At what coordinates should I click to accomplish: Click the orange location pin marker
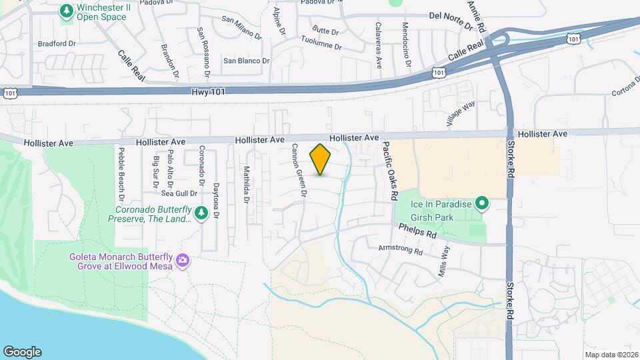click(x=321, y=159)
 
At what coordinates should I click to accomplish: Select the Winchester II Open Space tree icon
click(x=67, y=11)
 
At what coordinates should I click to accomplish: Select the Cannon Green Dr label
click(x=298, y=171)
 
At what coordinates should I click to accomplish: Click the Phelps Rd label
click(x=417, y=231)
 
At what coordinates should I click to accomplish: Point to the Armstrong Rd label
click(x=401, y=250)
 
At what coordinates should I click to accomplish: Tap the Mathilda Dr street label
click(x=246, y=185)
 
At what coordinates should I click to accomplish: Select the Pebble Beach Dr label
click(x=121, y=174)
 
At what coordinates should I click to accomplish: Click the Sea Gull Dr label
click(x=180, y=193)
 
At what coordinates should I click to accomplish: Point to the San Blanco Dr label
click(x=246, y=61)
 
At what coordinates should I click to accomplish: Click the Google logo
click(x=22, y=352)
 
